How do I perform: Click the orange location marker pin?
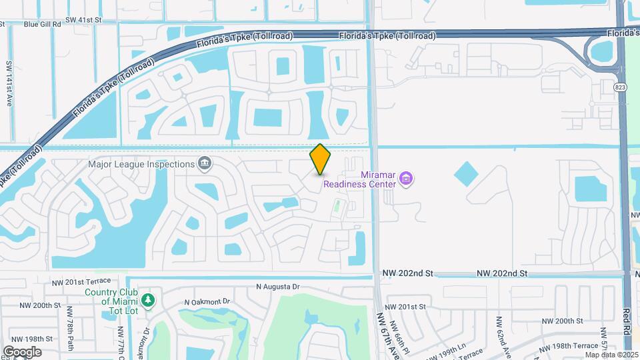tap(320, 159)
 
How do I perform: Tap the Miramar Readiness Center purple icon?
tap(407, 178)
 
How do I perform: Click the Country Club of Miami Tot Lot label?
tap(111, 297)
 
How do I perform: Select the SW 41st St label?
tap(83, 21)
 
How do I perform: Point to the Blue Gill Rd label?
tap(42, 24)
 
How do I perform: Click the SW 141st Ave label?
tap(9, 83)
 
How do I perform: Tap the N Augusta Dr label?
tap(279, 287)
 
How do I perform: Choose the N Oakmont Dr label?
tap(206, 301)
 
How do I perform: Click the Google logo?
tap(22, 352)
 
